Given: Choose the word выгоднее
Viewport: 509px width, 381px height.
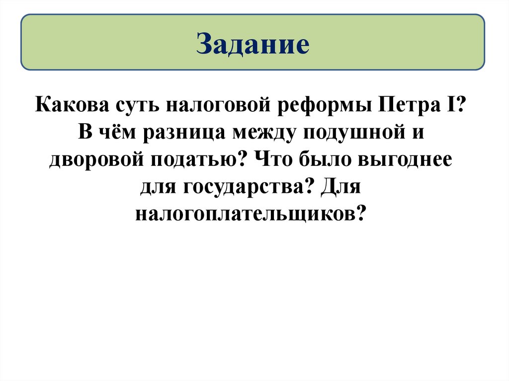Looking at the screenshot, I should click(x=405, y=162).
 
